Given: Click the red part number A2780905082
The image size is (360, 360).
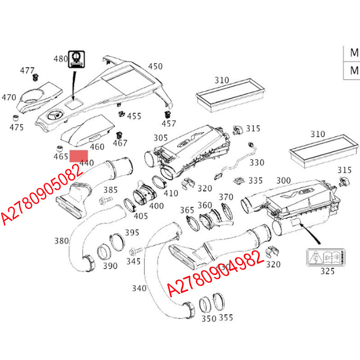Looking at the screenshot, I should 43,193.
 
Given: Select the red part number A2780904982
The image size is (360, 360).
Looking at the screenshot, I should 215,273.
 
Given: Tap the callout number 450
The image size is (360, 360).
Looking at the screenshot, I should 155,67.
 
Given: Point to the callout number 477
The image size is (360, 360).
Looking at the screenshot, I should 27,71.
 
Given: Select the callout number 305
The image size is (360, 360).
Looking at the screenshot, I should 161,138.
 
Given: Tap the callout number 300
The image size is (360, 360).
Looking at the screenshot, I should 283,181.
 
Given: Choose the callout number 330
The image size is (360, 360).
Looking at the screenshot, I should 257,162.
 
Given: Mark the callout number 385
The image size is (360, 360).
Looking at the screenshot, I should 111,189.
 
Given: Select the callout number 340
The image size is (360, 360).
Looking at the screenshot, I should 140,288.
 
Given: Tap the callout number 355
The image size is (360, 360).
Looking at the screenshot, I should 226,318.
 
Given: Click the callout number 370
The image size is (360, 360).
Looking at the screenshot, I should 226,197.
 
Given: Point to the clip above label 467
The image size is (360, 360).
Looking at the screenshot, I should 119,135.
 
